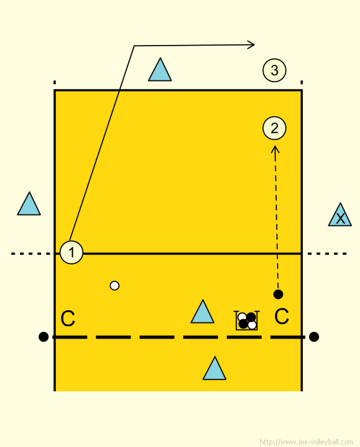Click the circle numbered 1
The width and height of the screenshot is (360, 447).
point(71,252)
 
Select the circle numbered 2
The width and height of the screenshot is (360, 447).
point(274,128)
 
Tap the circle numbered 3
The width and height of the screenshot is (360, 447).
point(274,70)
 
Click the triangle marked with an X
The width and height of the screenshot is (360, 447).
point(339,215)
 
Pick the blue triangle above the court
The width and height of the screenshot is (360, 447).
point(160,71)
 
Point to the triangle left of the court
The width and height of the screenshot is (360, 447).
point(29,204)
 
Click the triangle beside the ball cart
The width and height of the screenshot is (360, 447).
point(203,312)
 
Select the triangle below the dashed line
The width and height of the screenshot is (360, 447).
point(214,369)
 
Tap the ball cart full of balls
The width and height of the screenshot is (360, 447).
point(247,320)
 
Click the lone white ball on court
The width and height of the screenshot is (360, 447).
point(114,285)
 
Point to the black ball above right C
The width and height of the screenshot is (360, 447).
point(278,294)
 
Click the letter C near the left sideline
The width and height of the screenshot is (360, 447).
point(68,319)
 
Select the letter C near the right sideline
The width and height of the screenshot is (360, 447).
point(282,316)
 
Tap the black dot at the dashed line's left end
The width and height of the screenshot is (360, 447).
point(43,337)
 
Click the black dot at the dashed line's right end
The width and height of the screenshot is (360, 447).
point(314,337)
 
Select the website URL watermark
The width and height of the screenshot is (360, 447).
point(307,442)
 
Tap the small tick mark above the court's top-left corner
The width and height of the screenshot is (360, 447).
point(55,83)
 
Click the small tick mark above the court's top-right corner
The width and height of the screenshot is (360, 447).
point(301,83)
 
